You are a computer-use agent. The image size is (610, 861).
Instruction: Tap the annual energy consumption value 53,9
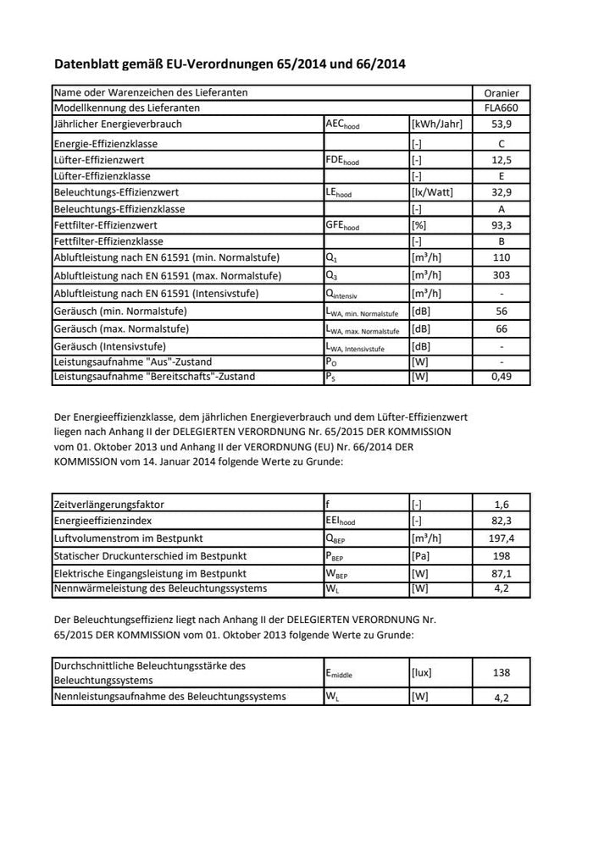tap(502, 124)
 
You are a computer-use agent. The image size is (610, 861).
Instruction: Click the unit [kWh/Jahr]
tap(436, 124)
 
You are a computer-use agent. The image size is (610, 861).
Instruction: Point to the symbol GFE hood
tap(342, 226)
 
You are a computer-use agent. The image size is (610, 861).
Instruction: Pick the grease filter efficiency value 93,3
tap(502, 225)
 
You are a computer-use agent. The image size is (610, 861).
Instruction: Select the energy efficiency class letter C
tap(502, 144)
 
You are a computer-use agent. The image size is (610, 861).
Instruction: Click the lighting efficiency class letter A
tap(502, 209)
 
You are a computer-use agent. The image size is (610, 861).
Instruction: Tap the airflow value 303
tap(502, 276)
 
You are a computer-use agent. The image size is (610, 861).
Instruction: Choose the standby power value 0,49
tap(502, 377)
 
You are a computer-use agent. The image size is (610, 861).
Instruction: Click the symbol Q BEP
tap(336, 538)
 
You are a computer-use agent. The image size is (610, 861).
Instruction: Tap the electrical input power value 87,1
tap(502, 573)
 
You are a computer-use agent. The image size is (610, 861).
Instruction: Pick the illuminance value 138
tap(502, 673)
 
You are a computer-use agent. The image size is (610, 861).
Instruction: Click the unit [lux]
tap(422, 673)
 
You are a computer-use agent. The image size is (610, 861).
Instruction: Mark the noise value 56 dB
tap(502, 311)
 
